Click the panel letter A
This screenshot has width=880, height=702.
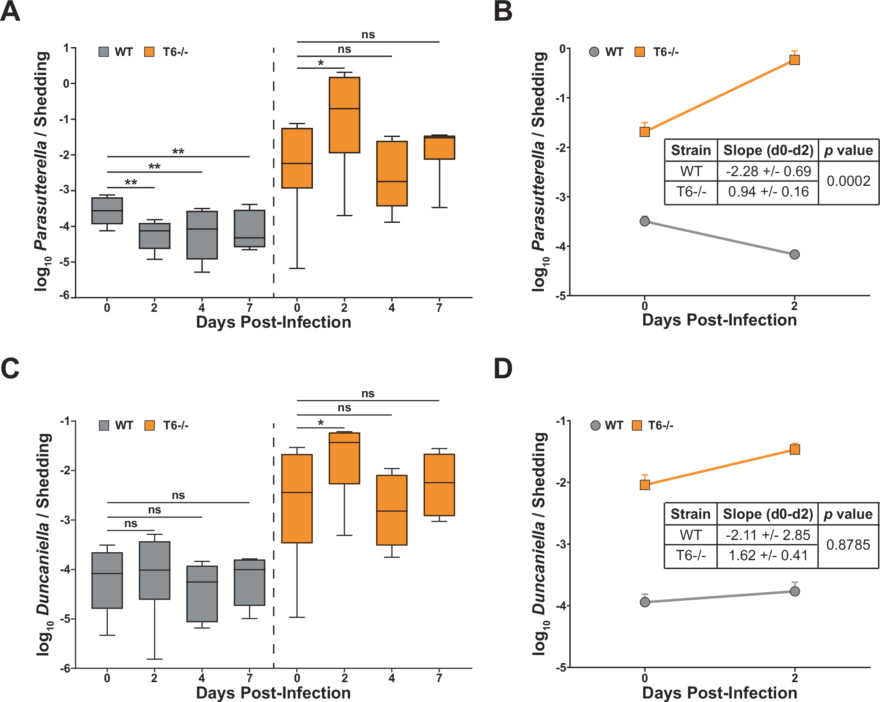11,11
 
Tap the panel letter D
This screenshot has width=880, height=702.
503,369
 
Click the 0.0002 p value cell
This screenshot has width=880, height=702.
848,181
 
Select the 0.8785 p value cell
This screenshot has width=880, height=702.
848,545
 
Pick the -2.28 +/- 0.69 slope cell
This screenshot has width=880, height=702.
768,171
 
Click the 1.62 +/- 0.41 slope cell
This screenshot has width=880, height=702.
768,555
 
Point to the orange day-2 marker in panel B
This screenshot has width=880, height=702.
794,60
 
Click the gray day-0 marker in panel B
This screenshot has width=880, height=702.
645,221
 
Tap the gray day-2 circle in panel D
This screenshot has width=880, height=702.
795,591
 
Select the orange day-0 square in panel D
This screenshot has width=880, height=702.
645,484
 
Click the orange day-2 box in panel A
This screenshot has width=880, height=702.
345,115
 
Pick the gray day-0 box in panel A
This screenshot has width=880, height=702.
107,211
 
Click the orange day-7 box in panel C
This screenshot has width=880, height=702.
439,484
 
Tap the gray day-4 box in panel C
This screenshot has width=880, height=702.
202,594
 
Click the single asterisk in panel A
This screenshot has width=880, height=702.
321,63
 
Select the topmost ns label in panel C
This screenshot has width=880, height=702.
368,393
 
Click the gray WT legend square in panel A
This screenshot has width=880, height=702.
104,52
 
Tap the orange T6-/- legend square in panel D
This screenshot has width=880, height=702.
637,425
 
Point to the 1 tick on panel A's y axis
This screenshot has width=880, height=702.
66,48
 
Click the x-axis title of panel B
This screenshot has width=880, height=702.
719,320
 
